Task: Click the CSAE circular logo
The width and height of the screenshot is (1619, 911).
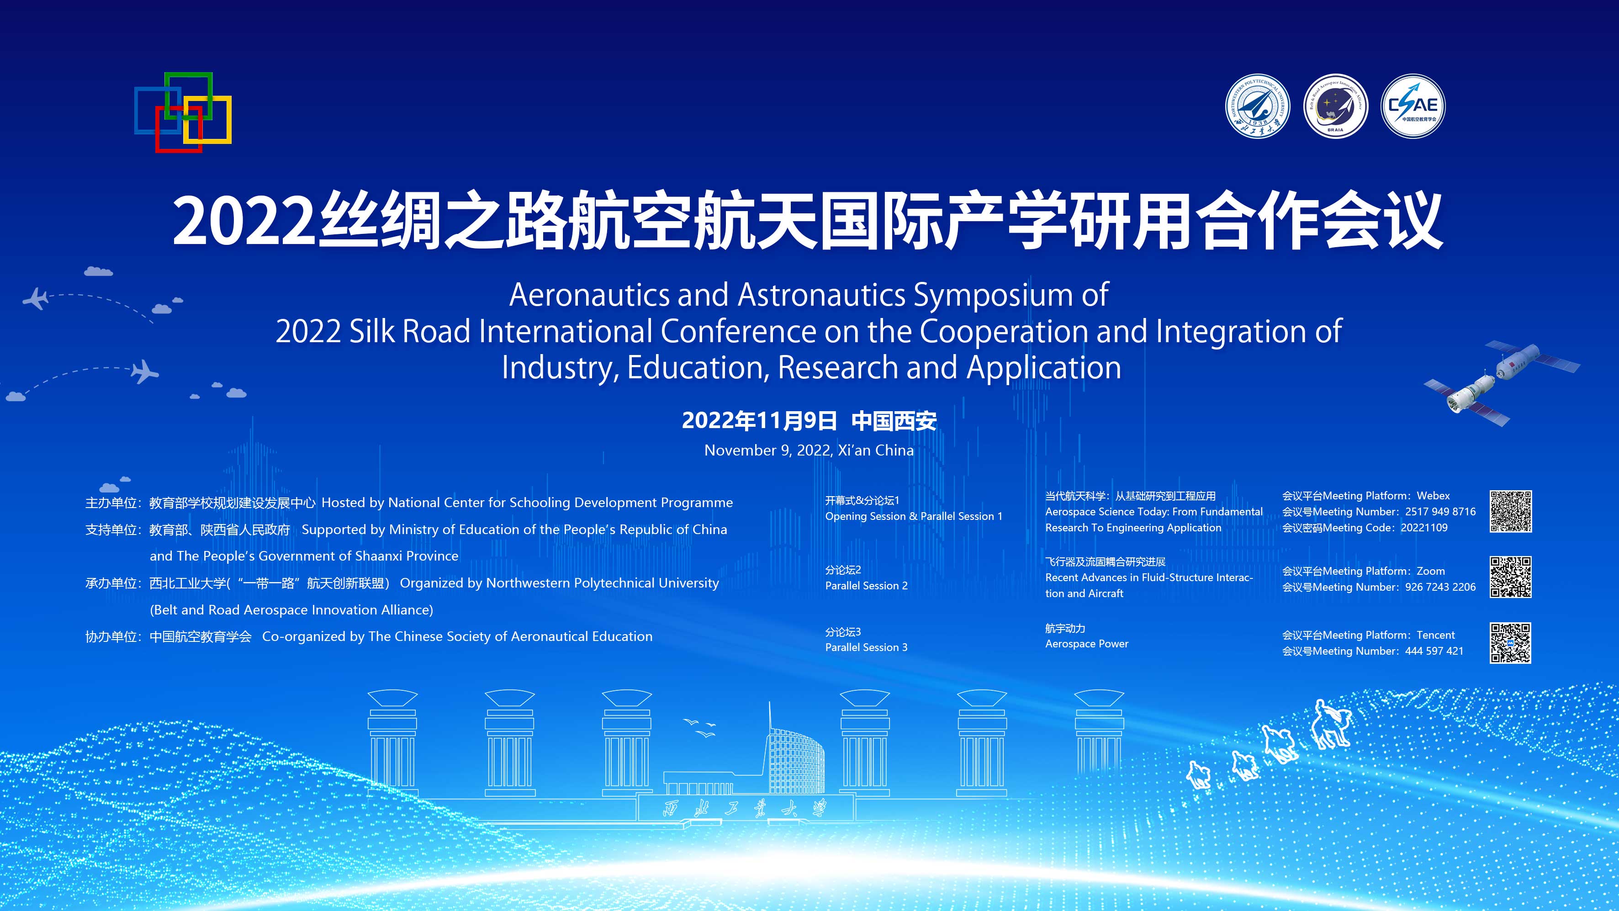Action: tap(1413, 106)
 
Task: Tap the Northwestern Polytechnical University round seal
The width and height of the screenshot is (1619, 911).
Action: tap(1258, 106)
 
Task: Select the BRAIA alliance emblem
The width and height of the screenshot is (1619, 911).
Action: tap(1336, 106)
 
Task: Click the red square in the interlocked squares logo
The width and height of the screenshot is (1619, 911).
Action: tap(179, 129)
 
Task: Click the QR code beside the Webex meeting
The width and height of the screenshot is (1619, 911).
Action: tap(1510, 511)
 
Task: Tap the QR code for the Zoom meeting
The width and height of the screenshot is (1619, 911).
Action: tap(1510, 577)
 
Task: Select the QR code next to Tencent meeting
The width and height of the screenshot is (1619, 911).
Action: tap(1510, 642)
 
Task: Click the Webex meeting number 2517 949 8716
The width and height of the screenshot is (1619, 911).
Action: tap(1440, 512)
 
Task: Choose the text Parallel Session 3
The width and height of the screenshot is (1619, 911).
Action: tap(866, 647)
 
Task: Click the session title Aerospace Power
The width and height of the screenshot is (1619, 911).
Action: tap(1087, 644)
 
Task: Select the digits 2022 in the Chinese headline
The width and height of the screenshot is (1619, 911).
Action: tap(243, 221)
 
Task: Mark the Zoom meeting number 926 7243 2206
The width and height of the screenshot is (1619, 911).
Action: tap(1440, 587)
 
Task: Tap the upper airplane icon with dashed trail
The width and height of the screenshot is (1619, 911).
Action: tap(35, 298)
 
